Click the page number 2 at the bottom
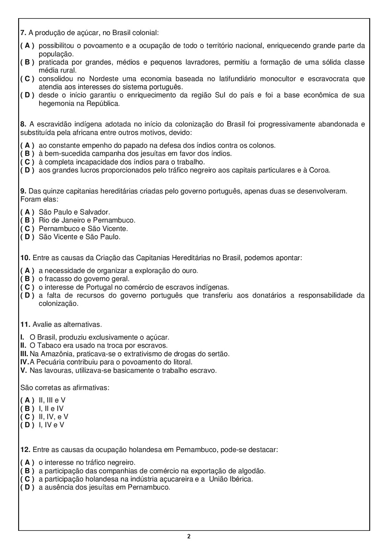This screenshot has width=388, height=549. pos(189,537)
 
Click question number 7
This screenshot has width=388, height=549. pos(23,33)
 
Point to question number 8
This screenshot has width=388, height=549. pos(23,124)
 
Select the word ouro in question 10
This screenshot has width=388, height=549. pos(190,271)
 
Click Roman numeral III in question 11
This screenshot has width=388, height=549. pos(24,354)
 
